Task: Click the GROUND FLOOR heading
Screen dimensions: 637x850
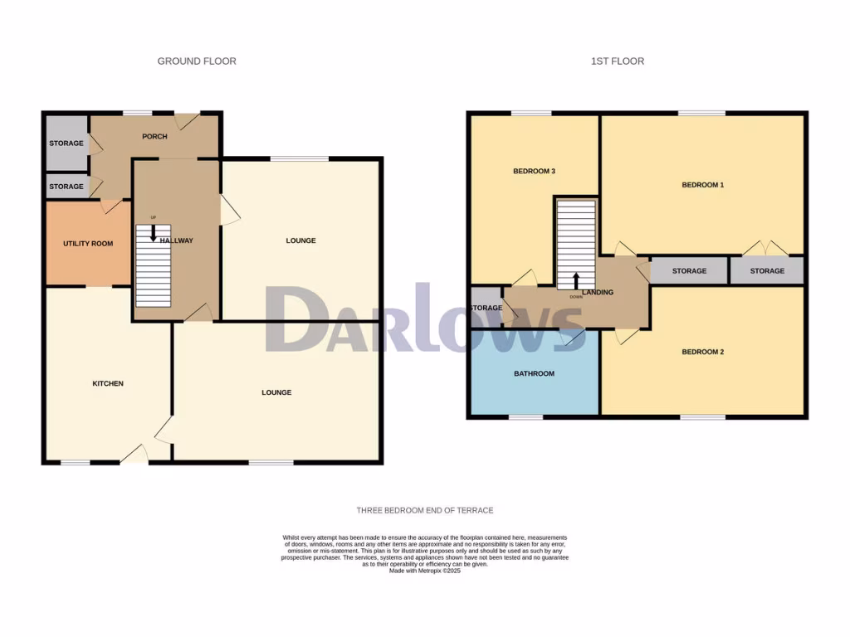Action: point(197,61)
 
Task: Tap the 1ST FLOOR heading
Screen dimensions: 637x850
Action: point(618,61)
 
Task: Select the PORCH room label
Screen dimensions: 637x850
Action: point(154,137)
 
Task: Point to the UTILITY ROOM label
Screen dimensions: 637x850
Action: point(88,244)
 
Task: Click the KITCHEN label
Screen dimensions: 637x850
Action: point(108,383)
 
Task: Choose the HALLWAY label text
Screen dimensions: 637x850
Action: point(177,241)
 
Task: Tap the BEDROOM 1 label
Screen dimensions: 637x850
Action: point(702,185)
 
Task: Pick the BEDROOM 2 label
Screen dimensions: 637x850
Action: point(702,352)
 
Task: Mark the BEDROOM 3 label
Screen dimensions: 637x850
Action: point(534,172)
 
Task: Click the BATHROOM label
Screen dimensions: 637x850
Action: point(534,374)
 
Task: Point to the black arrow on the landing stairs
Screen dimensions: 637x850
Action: point(576,280)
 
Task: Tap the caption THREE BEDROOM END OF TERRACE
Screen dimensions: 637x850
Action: point(425,511)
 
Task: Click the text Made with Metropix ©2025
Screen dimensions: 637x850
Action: point(425,571)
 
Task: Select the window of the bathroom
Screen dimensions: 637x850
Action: point(525,416)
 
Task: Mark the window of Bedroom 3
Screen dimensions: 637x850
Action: point(531,113)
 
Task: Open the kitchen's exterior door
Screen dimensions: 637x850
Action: point(134,455)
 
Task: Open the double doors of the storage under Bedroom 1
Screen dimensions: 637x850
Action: point(766,248)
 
